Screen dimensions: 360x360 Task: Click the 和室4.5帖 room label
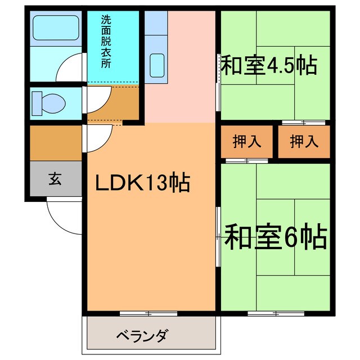[x=268, y=65]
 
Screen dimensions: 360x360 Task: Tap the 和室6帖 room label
[x=275, y=237]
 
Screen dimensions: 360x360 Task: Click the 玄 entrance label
[x=55, y=179]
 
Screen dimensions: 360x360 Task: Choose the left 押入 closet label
[x=247, y=141]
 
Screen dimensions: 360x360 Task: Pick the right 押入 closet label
[x=304, y=141]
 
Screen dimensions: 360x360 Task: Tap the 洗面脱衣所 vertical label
[x=106, y=41]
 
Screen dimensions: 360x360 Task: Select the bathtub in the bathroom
[x=55, y=26]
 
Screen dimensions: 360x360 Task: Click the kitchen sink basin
[x=157, y=61]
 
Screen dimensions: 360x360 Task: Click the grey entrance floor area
[x=55, y=180]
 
